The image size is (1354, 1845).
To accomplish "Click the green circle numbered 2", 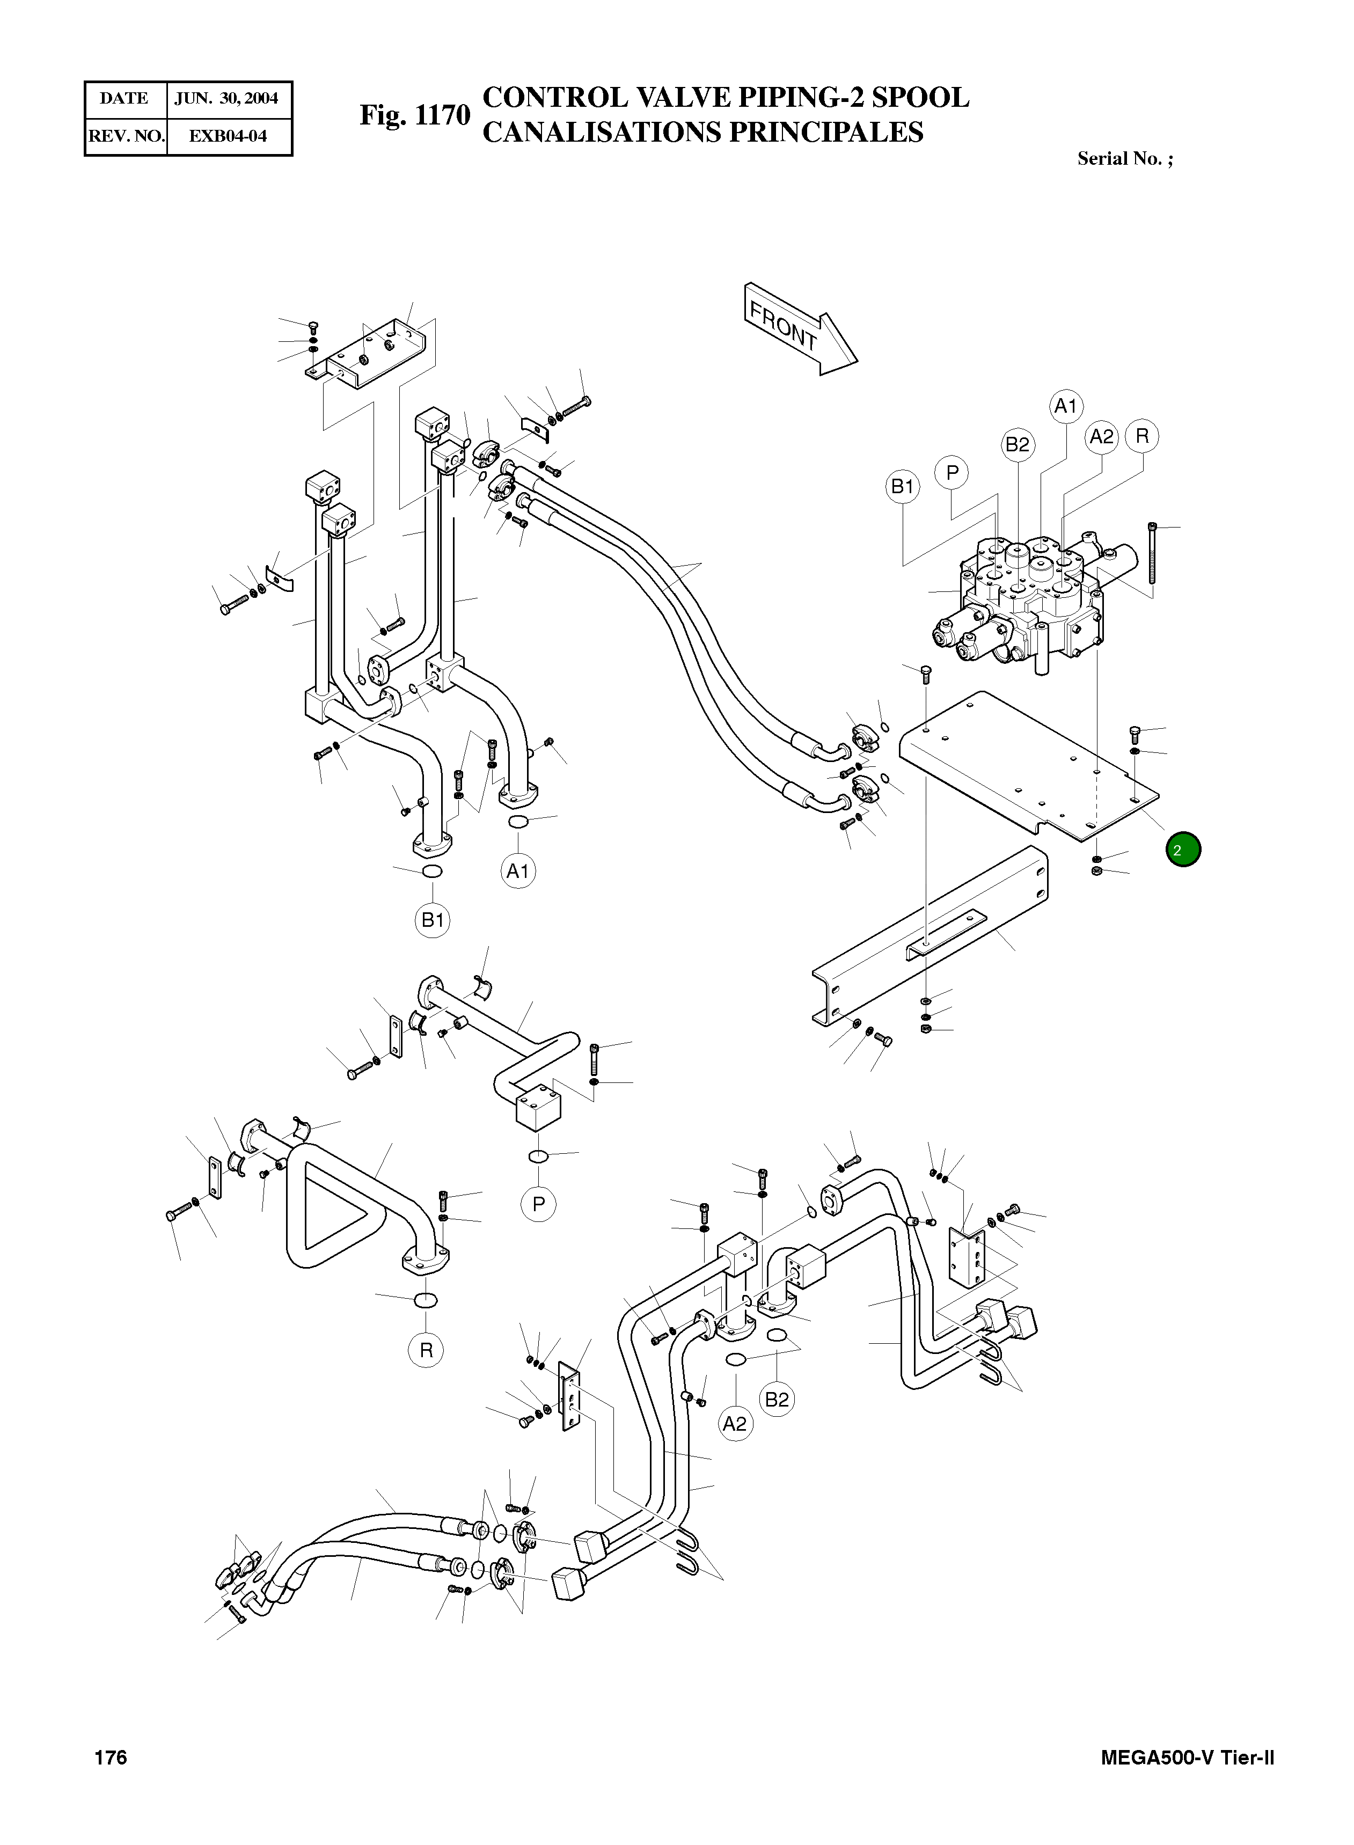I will pyautogui.click(x=1183, y=850).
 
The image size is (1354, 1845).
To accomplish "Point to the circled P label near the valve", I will pyautogui.click(x=952, y=472).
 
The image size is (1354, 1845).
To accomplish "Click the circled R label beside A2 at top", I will pyautogui.click(x=1141, y=436).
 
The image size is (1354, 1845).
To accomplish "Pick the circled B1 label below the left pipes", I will pyautogui.click(x=432, y=920).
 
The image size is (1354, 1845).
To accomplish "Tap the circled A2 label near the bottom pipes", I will pyautogui.click(x=735, y=1424).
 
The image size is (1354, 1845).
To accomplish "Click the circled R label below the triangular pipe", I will pyautogui.click(x=426, y=1350).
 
